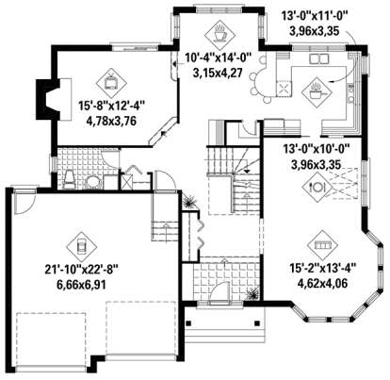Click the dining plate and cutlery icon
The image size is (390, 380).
coord(315,187)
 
